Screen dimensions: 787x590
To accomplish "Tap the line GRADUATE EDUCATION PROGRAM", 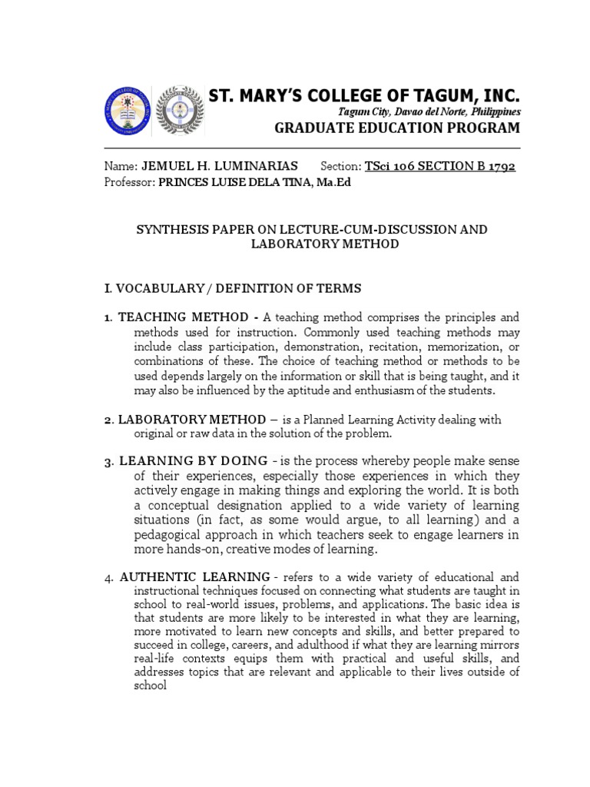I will pyautogui.click(x=397, y=128).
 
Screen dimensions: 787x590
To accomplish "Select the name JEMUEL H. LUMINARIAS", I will pyautogui.click(x=221, y=167).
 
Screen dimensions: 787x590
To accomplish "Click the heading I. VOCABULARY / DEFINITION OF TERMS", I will pyautogui.click(x=232, y=288).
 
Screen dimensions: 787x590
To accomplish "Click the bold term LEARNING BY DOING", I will pyautogui.click(x=193, y=461).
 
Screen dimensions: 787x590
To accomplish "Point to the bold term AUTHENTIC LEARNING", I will pyautogui.click(x=194, y=576).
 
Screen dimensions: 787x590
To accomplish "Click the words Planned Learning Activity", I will pyautogui.click(x=367, y=420).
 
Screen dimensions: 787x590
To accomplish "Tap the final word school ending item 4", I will pyautogui.click(x=150, y=686).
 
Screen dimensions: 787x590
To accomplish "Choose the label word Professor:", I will pyautogui.click(x=128, y=181).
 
